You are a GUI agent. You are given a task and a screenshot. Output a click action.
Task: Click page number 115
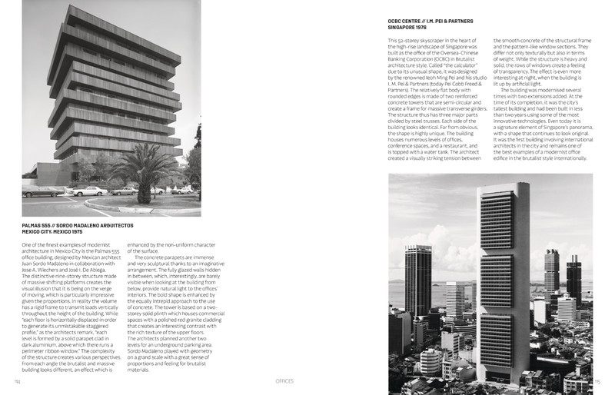coord(597,381)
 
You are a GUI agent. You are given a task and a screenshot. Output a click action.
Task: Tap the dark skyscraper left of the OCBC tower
coord(418,284)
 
